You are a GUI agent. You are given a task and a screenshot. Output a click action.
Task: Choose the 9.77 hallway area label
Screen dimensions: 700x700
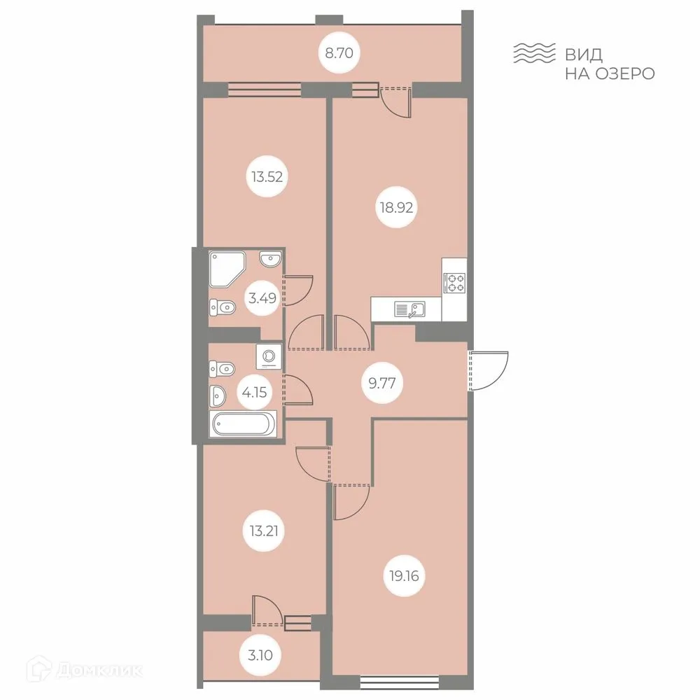tap(386, 382)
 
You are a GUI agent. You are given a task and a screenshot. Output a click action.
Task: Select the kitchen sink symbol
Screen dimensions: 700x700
tap(410, 308)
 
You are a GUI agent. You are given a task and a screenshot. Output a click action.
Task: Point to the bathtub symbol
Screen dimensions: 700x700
tap(244, 424)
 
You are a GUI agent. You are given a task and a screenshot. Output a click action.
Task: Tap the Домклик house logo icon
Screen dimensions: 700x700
tap(49, 670)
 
